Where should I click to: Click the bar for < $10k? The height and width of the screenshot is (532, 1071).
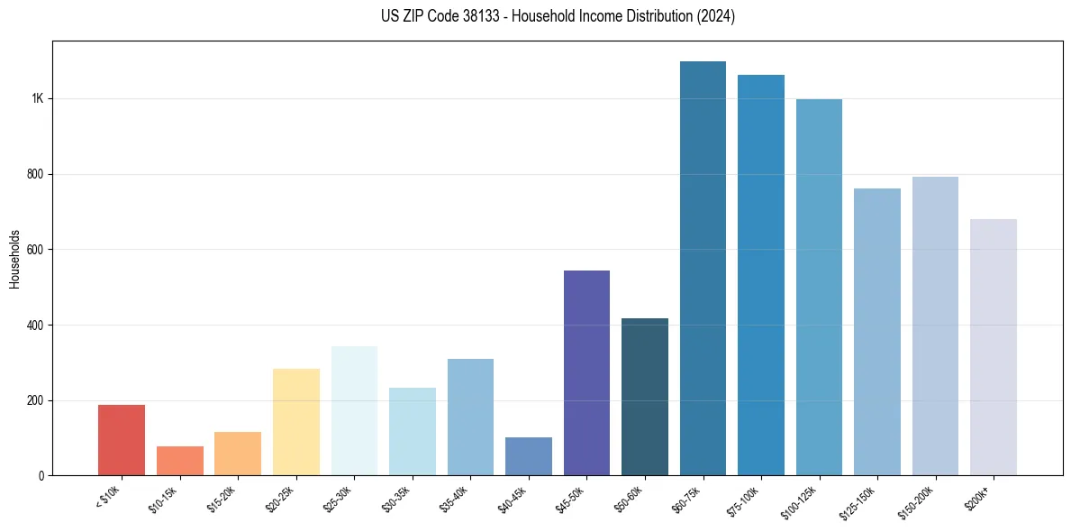pyautogui.click(x=122, y=440)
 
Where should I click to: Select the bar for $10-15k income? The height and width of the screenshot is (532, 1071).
pyautogui.click(x=180, y=461)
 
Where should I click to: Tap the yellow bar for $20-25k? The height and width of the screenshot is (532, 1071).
pyautogui.click(x=296, y=422)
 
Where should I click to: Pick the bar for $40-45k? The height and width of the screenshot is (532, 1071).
pyautogui.click(x=529, y=456)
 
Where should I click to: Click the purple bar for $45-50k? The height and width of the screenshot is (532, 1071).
pyautogui.click(x=586, y=372)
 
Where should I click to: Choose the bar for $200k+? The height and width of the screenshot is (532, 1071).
pyautogui.click(x=994, y=347)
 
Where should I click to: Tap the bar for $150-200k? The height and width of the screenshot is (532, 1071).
pyautogui.click(x=935, y=326)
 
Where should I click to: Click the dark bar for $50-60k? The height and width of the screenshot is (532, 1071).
pyautogui.click(x=645, y=397)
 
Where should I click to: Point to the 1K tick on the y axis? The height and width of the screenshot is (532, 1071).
pyautogui.click(x=37, y=98)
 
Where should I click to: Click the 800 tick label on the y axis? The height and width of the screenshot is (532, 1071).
pyautogui.click(x=34, y=174)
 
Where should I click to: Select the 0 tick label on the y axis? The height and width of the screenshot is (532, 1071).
pyautogui.click(x=41, y=475)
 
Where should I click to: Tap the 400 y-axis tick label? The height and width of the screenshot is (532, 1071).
pyautogui.click(x=34, y=325)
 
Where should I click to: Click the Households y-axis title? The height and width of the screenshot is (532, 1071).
pyautogui.click(x=14, y=258)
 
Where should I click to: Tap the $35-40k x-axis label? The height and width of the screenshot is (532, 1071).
pyautogui.click(x=456, y=499)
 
